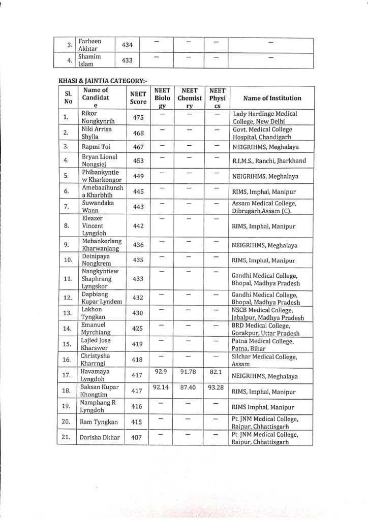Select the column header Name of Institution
[x=272, y=98]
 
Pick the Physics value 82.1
[x=214, y=372]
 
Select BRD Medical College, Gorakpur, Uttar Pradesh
[x=265, y=329]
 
